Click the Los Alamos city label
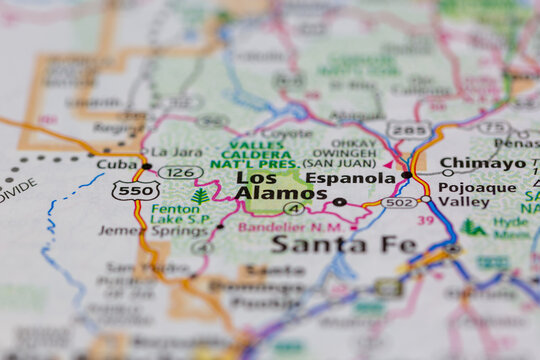coord(268,185)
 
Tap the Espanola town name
coord(350,177)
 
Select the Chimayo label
coord(482,163)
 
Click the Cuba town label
coord(116,164)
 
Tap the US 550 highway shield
coord(135,190)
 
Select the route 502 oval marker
coord(398,202)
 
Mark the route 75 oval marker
coord(493,128)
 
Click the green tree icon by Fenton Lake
coord(201,196)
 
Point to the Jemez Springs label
coord(139,230)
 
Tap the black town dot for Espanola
coord(406,175)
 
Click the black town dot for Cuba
coord(147,166)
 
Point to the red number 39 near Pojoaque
coord(427,220)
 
